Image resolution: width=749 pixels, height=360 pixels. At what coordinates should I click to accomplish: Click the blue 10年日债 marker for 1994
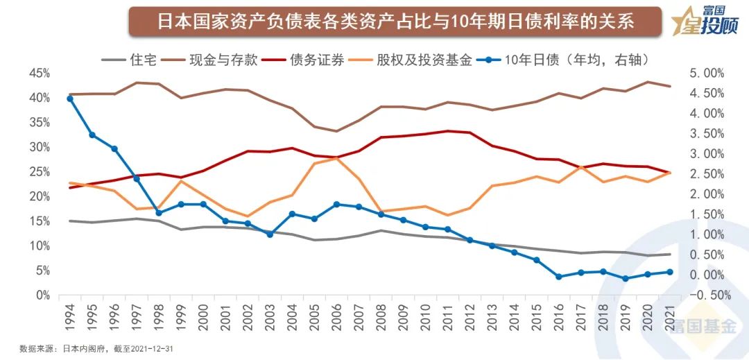point(70,98)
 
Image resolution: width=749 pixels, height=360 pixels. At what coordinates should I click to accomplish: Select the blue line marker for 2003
point(270,234)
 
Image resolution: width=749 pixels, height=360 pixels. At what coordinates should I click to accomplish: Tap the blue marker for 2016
point(559,277)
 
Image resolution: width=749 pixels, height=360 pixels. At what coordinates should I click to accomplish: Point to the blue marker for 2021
point(670,272)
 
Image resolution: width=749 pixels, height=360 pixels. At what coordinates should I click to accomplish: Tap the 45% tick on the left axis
point(40,74)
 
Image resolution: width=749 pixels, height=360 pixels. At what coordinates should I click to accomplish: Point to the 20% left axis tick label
point(40,196)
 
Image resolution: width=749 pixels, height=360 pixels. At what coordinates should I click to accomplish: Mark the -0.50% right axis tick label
point(704,295)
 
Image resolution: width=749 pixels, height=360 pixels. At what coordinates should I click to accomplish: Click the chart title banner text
point(395,22)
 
